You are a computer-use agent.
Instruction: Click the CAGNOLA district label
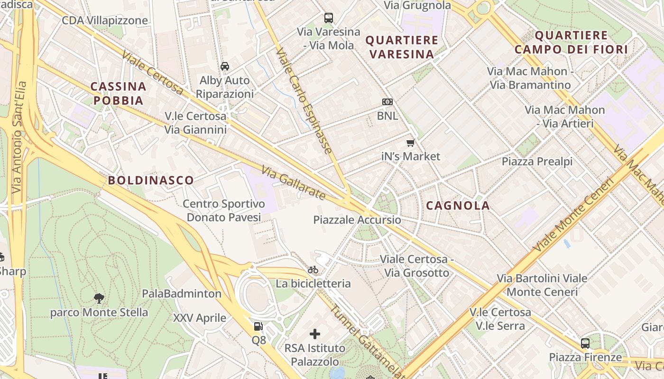[x=458, y=205]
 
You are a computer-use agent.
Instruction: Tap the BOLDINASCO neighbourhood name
[x=151, y=180]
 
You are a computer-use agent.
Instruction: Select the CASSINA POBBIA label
[x=118, y=93]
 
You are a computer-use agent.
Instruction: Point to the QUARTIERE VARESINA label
[x=402, y=47]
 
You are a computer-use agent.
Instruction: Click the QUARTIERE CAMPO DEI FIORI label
[x=571, y=42]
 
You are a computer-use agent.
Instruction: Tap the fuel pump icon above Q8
[x=258, y=326]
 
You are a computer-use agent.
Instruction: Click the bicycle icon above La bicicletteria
[x=313, y=270]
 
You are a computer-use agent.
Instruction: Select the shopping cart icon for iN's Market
[x=411, y=143]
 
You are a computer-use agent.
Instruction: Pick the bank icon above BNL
[x=387, y=102]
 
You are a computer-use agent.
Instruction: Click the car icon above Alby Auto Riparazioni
[x=225, y=66]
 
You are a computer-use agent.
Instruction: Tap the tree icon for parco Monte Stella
[x=99, y=298]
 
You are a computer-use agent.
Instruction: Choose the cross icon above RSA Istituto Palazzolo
[x=315, y=334]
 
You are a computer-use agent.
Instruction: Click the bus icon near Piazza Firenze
[x=585, y=343]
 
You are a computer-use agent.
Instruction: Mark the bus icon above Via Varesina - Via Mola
[x=329, y=18]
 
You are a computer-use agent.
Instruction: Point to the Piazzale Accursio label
[x=357, y=220]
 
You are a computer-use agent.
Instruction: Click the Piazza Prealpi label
[x=537, y=162]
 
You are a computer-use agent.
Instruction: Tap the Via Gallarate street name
[x=294, y=182]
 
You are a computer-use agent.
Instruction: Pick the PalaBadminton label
[x=182, y=294]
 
